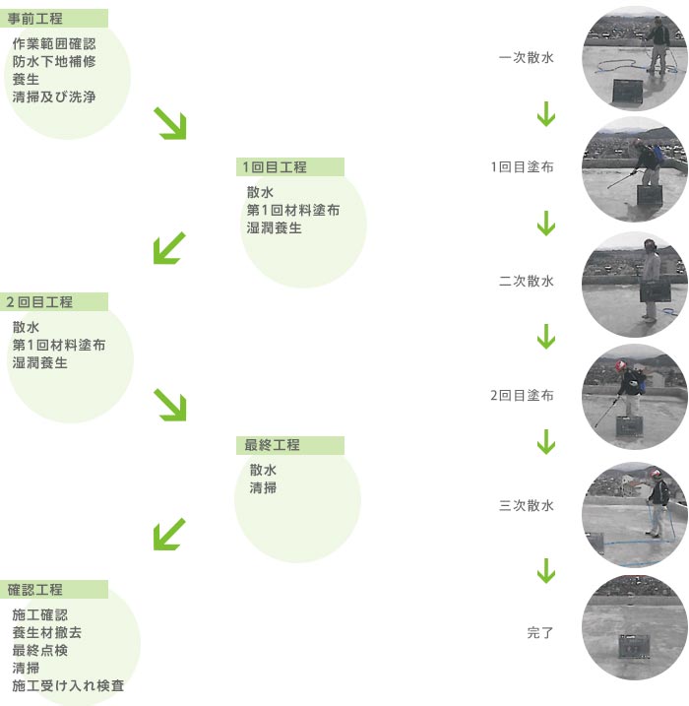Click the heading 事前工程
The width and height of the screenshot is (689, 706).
coord(35,18)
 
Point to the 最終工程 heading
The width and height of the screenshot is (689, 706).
coord(273,445)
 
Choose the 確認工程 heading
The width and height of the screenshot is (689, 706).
coord(35,590)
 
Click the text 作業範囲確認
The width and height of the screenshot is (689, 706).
coord(54,44)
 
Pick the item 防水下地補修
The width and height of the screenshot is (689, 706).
coord(54,62)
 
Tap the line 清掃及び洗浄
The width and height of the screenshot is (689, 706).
coord(54,97)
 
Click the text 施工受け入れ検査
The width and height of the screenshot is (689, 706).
coord(68,685)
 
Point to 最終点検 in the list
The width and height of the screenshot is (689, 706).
coord(40,650)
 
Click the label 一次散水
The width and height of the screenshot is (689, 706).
coord(527,58)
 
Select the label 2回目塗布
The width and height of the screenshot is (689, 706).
coord(522,396)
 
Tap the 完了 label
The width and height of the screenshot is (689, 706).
coord(540,632)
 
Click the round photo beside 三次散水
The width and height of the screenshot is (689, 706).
coord(634,508)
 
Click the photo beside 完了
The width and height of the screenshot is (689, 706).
coord(634,627)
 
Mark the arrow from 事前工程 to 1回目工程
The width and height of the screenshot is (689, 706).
coord(170,123)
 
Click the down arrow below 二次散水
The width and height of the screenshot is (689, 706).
coord(546,338)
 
